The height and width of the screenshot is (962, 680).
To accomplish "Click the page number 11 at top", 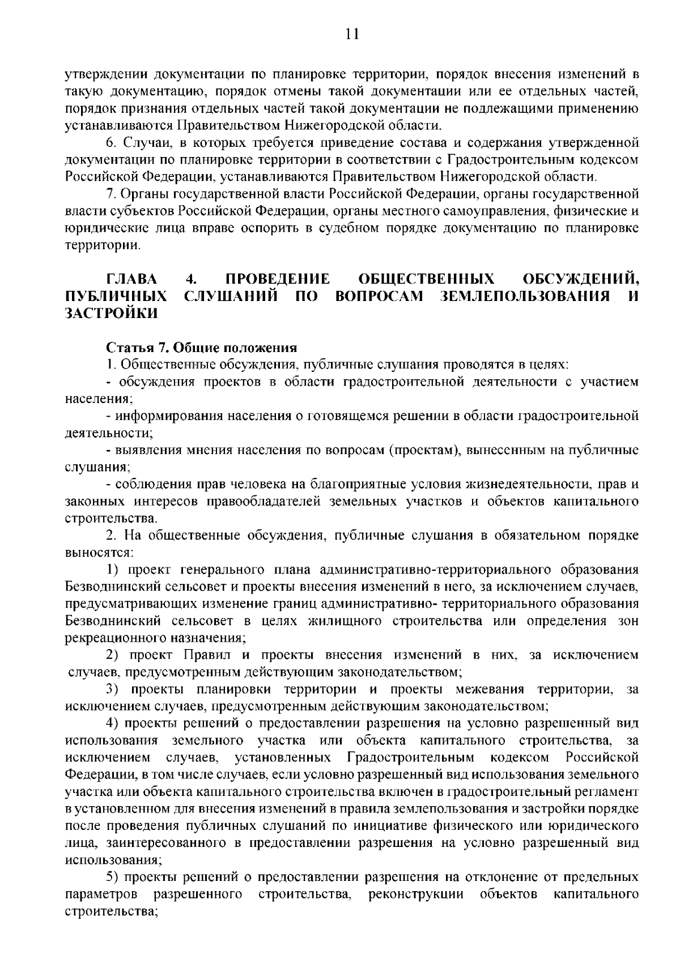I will coord(351,35).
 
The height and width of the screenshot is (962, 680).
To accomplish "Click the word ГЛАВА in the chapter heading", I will coord(131,279).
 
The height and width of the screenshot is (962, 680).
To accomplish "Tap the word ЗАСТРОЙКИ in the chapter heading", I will coord(112,313).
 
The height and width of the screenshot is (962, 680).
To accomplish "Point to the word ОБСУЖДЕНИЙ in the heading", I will coord(580,279).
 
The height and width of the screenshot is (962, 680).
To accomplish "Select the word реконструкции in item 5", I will coord(415,894).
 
